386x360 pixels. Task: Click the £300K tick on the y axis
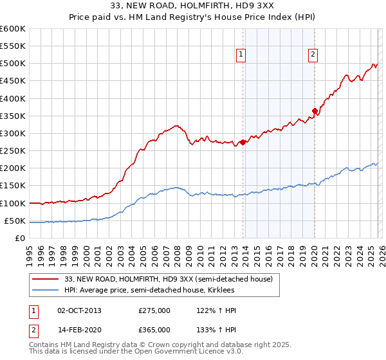(x=13, y=133)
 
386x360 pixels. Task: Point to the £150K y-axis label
(x=13, y=186)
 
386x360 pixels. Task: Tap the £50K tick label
(x=15, y=221)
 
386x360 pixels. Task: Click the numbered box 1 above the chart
(x=241, y=55)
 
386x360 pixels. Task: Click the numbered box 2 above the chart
(x=313, y=55)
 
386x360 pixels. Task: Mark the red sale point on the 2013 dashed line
(x=243, y=142)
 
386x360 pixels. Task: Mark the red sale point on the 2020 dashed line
(x=315, y=111)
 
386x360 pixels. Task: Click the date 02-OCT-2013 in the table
(x=79, y=310)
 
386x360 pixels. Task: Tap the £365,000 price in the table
(x=154, y=330)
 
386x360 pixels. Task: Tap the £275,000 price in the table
(x=154, y=310)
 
